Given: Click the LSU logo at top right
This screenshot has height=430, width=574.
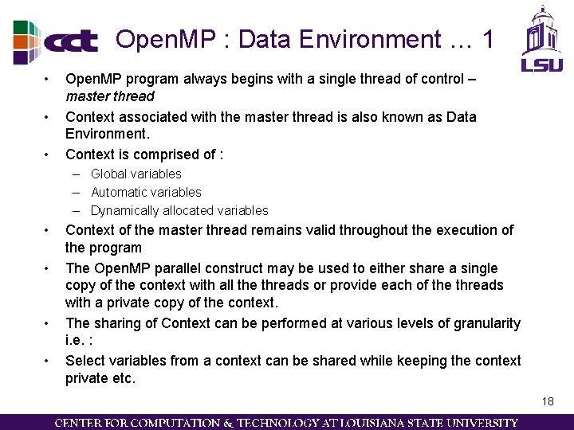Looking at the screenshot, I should tap(542, 39).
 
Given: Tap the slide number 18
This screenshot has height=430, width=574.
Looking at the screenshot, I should tap(547, 401).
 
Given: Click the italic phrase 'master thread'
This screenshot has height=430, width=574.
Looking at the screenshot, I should tap(109, 96).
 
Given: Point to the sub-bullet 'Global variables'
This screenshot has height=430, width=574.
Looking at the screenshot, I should tap(136, 174).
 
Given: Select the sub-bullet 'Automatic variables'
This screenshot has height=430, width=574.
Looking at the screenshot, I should tap(146, 192).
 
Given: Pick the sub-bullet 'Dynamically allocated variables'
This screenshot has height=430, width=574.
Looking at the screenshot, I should tap(179, 210).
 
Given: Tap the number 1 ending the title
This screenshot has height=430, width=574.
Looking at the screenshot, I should tap(488, 39).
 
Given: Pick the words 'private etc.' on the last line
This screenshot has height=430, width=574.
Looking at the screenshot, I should tap(100, 378).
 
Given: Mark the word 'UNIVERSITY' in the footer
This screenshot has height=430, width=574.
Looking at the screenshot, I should tap(486, 423).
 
